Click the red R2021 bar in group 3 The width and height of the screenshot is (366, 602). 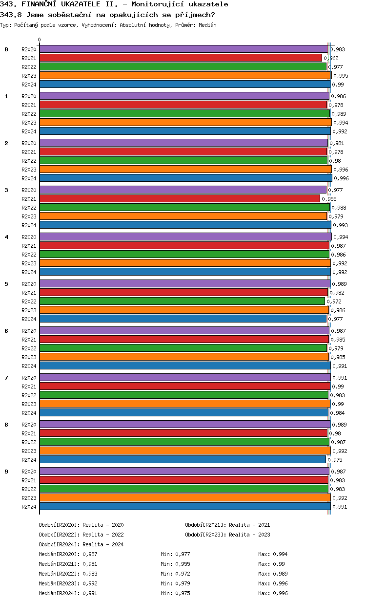pos(180,198)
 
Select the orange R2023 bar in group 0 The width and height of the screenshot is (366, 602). pos(185,75)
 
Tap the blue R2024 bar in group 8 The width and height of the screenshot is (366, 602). pos(183,459)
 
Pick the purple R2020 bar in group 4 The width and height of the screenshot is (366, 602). pos(185,236)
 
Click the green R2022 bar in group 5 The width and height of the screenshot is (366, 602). pos(182,301)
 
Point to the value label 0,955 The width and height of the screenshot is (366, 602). pos(329,199)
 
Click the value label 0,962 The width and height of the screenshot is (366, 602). pos(331,58)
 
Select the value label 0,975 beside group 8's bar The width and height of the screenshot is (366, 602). pos(335,460)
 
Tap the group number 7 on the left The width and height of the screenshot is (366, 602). pos(6,378)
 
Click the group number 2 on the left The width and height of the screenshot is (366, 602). pos(6,143)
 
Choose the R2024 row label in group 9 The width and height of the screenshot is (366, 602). pos(29,507)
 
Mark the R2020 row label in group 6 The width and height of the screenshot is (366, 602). pos(29,331)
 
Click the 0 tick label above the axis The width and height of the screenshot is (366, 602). pos(40,40)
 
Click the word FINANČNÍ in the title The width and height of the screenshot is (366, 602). pos(41,4)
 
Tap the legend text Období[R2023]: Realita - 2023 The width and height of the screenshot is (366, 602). pos(227,535)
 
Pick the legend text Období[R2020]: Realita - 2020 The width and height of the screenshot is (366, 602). pos(81,525)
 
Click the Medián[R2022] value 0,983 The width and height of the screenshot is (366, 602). pos(90,574)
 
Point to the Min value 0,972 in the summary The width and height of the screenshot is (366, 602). pos(183,574)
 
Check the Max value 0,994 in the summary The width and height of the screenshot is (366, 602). pos(280,554)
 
